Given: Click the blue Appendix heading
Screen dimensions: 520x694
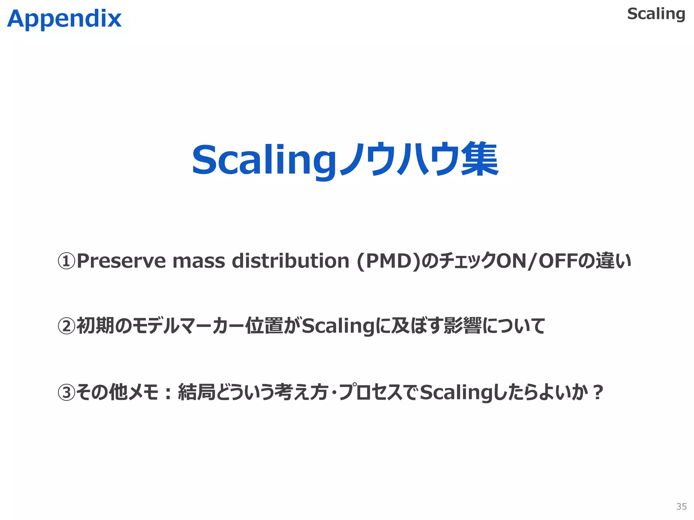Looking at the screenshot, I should (64, 19).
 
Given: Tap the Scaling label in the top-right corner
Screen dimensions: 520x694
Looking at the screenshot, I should (656, 14).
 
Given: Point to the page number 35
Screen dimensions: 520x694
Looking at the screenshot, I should (681, 506).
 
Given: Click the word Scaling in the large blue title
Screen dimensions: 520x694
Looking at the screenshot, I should (264, 160).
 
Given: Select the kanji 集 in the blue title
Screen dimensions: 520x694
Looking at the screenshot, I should (479, 159).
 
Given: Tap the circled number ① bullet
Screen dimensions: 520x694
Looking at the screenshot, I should (66, 261).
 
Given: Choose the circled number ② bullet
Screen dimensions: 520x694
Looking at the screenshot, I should (66, 326).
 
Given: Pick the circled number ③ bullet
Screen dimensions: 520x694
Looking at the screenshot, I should (66, 392).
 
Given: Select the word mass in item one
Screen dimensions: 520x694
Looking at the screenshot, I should (199, 261).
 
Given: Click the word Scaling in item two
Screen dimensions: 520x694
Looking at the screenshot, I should (339, 326).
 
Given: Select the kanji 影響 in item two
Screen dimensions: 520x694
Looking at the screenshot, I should (462, 326).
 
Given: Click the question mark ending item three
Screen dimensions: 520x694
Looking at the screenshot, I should (598, 392).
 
